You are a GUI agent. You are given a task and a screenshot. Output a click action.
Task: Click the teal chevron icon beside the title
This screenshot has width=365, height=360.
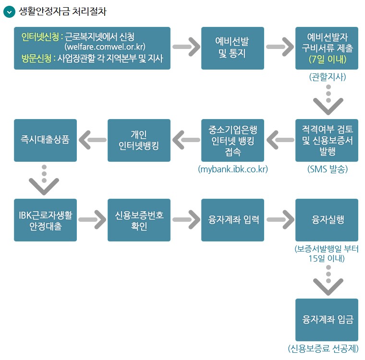coord(10,12)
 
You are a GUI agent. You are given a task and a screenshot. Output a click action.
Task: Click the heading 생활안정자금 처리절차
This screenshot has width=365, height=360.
coord(63,12)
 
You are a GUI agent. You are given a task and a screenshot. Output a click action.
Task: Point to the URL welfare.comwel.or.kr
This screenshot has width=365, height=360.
coord(105,47)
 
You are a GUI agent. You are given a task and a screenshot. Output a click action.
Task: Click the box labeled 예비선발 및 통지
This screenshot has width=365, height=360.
coord(232,48)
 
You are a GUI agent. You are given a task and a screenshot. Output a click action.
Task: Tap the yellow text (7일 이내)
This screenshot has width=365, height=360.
coord(327,60)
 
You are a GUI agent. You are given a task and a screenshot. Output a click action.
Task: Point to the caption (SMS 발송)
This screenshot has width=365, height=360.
coord(327,169)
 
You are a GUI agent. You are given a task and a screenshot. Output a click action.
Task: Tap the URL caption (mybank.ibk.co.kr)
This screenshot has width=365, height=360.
coord(233,169)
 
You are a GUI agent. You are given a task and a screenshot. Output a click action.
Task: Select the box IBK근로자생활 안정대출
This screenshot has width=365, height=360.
coord(45,219)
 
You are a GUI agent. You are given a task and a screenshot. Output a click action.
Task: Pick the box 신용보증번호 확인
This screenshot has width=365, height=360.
coord(139,219)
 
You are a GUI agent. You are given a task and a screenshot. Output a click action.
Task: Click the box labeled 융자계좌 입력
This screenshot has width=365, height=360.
coord(232,219)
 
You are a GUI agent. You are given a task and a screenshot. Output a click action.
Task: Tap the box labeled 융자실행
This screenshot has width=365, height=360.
coord(327,219)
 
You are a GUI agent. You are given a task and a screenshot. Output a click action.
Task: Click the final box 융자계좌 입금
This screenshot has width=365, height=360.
coord(327,319)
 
